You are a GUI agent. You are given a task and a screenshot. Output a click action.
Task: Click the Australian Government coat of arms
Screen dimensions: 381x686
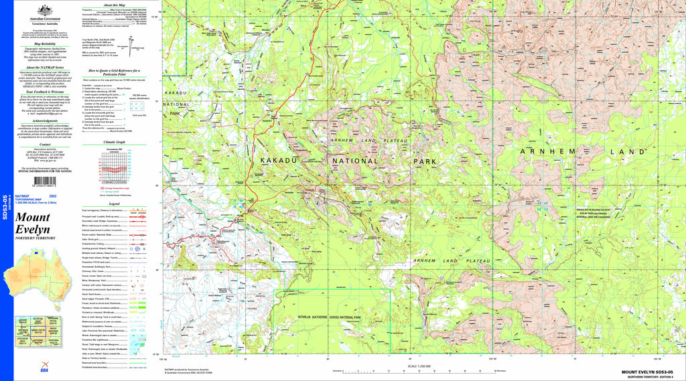[x=46, y=9]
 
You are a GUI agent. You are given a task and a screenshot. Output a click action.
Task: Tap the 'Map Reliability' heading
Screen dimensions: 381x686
[x=45, y=44]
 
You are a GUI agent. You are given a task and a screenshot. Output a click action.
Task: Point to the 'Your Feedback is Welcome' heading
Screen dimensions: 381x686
[x=45, y=91]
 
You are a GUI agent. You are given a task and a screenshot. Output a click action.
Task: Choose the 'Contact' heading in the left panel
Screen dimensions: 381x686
[x=45, y=144]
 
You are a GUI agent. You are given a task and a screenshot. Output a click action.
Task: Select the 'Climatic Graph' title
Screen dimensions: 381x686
[x=113, y=143]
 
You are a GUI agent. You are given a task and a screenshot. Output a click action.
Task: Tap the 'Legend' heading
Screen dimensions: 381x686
[x=114, y=204]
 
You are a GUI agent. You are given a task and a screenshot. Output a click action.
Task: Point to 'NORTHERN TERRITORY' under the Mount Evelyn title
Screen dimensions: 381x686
[x=35, y=238]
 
